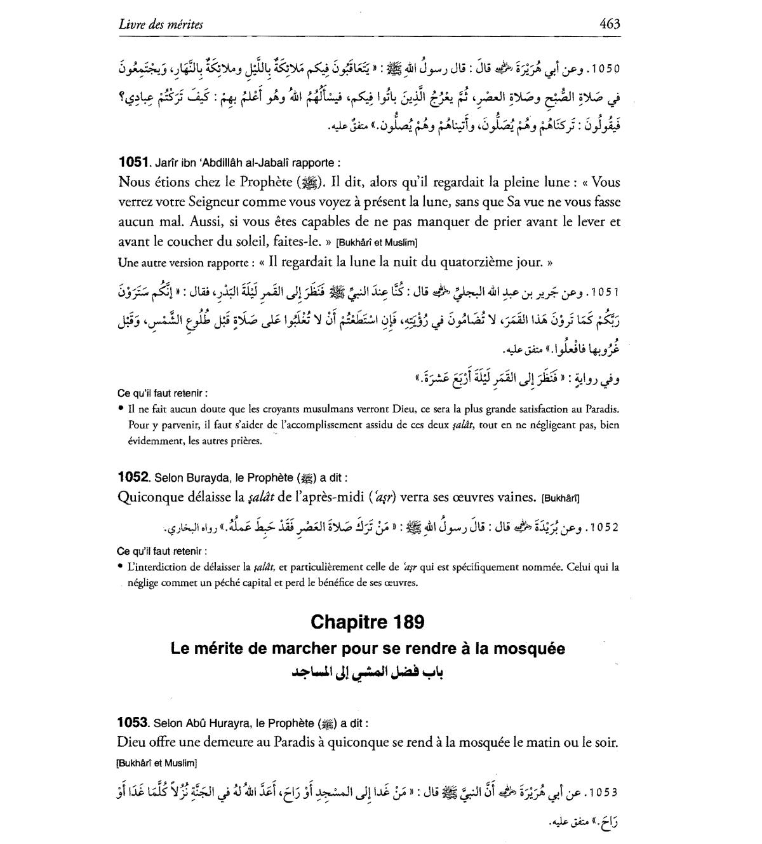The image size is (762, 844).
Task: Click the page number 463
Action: point(609,25)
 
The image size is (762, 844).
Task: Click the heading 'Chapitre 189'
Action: point(368,622)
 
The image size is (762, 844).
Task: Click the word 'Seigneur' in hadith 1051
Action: point(219,202)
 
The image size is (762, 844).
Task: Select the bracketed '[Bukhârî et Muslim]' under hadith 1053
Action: point(157,763)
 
